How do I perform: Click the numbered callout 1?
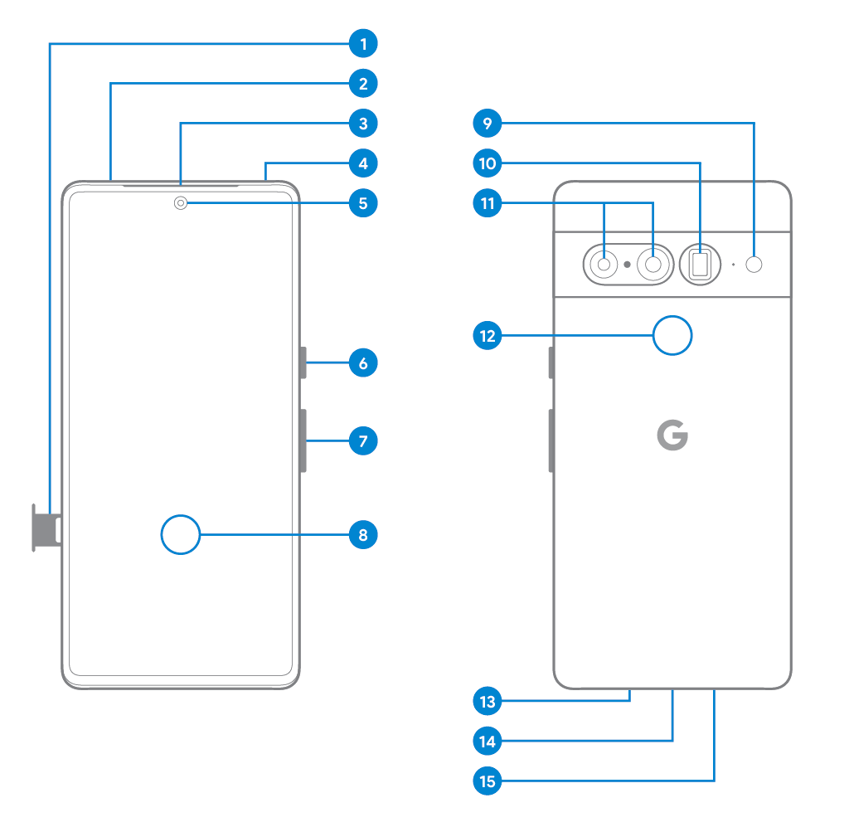(363, 43)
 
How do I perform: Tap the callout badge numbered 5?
(363, 203)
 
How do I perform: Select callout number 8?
(363, 534)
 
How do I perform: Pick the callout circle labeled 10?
(488, 163)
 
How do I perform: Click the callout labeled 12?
(488, 336)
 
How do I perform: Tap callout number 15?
(488, 781)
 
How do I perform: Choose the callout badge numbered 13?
(488, 702)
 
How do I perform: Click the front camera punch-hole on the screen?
(180, 203)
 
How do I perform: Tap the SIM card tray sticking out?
(46, 528)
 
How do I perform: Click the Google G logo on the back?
(672, 435)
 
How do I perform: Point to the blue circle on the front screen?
(180, 534)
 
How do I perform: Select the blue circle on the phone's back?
(672, 336)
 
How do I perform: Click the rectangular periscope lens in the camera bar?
(700, 265)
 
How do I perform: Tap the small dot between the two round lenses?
(627, 265)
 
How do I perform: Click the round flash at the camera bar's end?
(754, 265)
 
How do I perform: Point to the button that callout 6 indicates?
(303, 362)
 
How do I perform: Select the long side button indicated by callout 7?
(303, 440)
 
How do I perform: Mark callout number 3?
(363, 124)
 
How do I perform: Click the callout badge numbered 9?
(488, 124)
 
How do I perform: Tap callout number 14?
(488, 742)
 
